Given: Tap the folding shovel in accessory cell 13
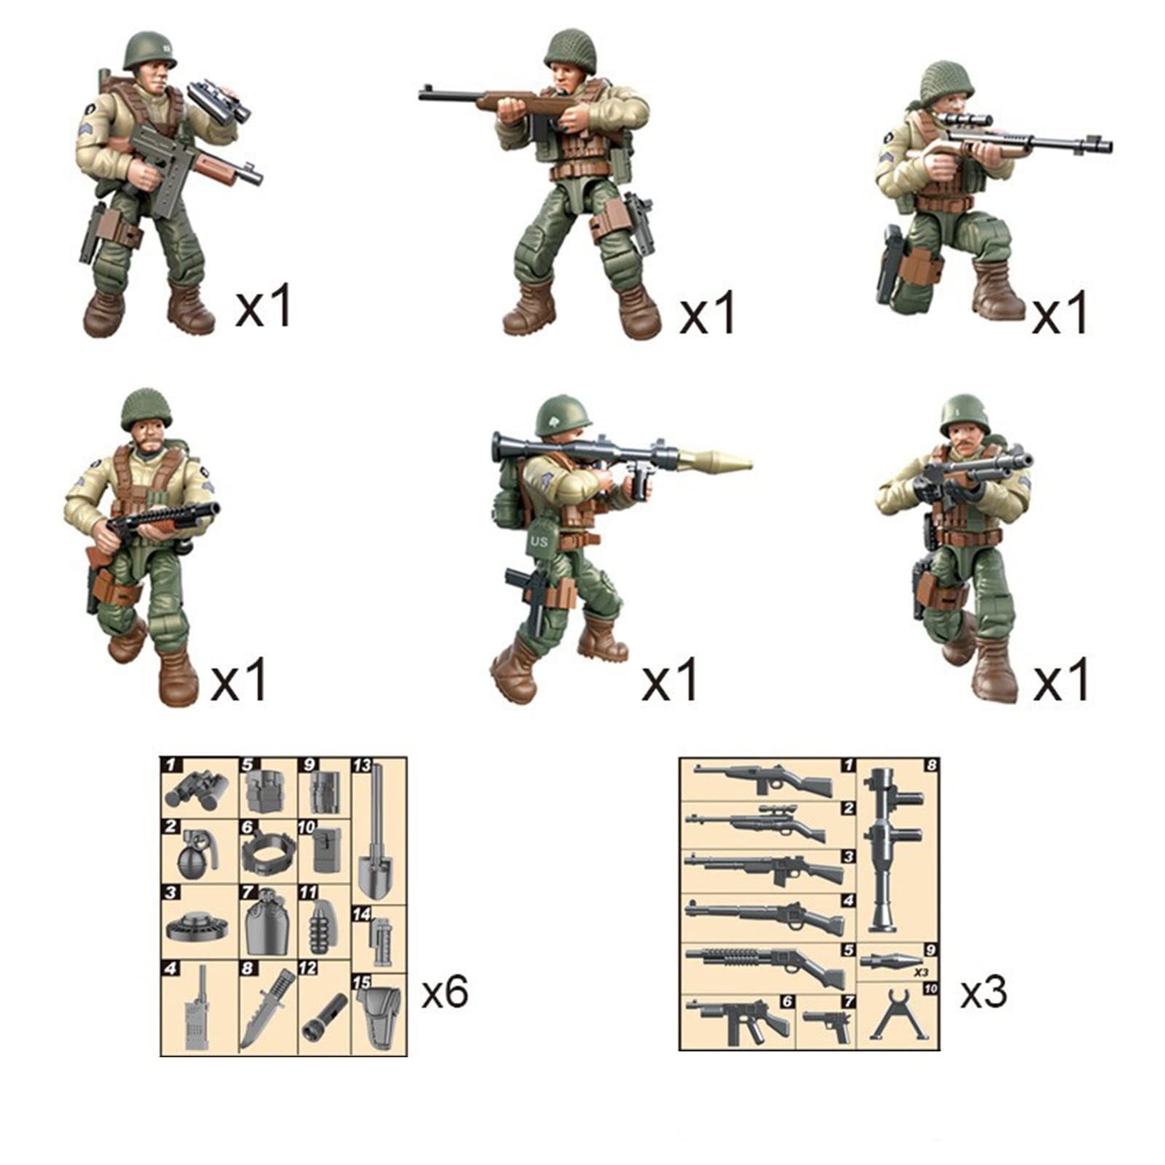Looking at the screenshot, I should [377, 847].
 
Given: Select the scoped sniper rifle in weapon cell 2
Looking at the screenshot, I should [758, 824].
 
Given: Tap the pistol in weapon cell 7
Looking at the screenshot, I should [829, 1024].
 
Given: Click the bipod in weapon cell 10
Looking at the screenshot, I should [896, 1017].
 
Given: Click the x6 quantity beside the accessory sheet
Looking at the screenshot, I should [445, 992].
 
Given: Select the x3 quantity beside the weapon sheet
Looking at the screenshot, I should [984, 992].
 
